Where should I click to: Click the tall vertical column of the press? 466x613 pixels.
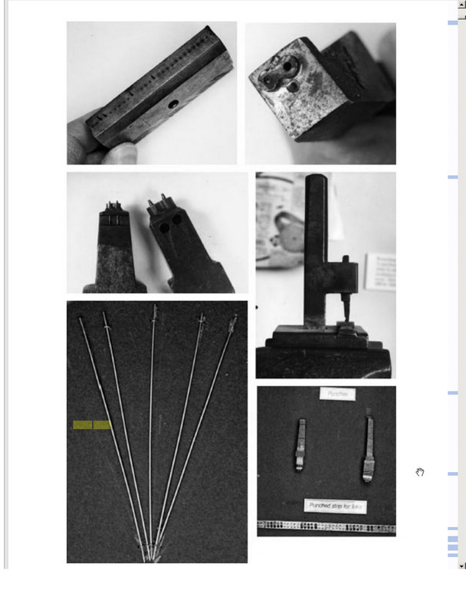[316, 245]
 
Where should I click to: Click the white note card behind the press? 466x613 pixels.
[380, 270]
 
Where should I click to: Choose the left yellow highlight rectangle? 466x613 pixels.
[83, 425]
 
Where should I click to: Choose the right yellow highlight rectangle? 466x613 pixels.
[102, 425]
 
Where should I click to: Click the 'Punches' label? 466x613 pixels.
[337, 394]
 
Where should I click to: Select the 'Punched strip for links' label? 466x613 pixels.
[335, 506]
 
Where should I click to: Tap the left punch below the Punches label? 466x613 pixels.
[300, 444]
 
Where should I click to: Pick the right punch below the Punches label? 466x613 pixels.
[369, 448]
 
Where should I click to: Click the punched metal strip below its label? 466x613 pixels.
[326, 526]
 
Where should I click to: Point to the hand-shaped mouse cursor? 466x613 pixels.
[420, 472]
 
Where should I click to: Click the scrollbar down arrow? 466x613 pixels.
[461, 565]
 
